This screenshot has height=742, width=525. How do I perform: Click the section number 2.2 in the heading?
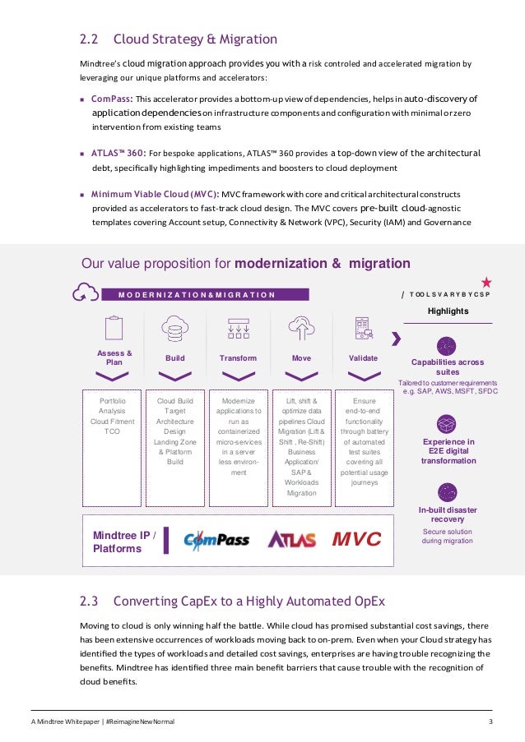(89, 39)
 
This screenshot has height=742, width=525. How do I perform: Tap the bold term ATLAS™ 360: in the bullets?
(118, 152)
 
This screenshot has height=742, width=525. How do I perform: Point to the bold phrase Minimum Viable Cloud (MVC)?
(155, 194)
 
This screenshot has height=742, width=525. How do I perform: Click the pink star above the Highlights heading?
(486, 282)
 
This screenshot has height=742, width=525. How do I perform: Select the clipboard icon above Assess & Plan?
(114, 328)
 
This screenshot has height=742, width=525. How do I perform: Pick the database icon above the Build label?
(174, 328)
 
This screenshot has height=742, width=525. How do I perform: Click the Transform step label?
(238, 358)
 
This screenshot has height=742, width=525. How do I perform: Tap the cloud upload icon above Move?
(301, 328)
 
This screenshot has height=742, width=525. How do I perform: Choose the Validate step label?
(363, 358)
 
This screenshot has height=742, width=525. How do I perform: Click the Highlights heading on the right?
(448, 311)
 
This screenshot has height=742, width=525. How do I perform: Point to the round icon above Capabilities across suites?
(448, 345)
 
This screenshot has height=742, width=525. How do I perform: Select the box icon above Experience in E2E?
(448, 424)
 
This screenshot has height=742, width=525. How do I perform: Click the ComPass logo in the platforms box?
(216, 540)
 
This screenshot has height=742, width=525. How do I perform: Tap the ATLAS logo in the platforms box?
(291, 540)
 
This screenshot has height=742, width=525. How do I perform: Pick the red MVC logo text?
(356, 540)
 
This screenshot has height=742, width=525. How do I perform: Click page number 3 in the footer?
(490, 721)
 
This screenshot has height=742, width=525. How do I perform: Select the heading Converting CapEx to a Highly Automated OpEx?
(249, 601)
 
